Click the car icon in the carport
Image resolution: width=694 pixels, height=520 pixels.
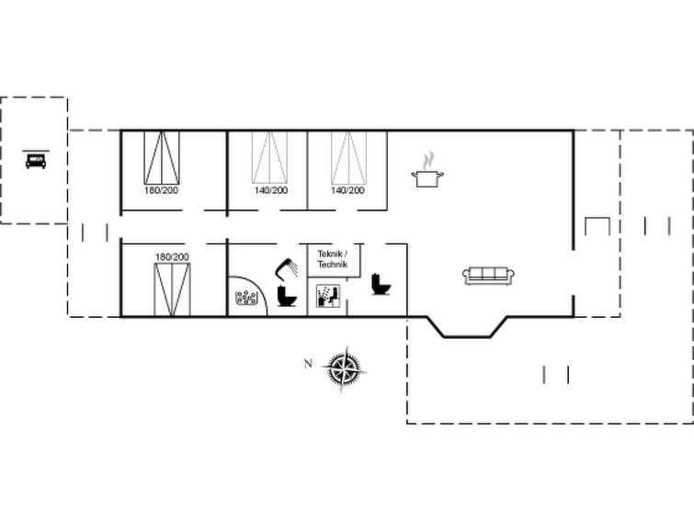[36, 161]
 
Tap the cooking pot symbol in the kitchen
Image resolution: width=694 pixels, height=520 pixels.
[427, 178]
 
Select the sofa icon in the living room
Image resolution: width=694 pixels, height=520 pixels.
[488, 276]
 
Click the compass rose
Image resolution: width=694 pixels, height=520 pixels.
[345, 368]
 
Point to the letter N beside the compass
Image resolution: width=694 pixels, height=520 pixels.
[308, 364]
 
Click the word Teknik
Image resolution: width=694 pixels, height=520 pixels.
[330, 254]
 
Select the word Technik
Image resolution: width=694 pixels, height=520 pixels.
[333, 265]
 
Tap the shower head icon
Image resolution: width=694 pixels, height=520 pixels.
[287, 267]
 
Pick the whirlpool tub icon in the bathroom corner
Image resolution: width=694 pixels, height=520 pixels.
[246, 298]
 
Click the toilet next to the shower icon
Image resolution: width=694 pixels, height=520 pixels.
[287, 296]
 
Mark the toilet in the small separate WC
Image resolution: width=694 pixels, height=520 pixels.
[381, 284]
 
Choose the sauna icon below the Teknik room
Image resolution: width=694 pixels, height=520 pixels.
[328, 296]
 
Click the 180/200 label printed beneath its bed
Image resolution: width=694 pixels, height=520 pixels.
[161, 190]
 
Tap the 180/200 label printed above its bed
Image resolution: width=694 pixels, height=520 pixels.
[172, 256]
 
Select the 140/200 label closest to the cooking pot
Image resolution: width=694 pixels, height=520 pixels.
[347, 190]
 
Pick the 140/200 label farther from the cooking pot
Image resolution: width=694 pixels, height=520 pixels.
[271, 190]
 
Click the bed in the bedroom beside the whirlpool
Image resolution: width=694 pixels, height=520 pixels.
[172, 290]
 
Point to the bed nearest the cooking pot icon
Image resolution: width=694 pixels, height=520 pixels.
[348, 157]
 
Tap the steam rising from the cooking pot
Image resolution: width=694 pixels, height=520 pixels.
[428, 161]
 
